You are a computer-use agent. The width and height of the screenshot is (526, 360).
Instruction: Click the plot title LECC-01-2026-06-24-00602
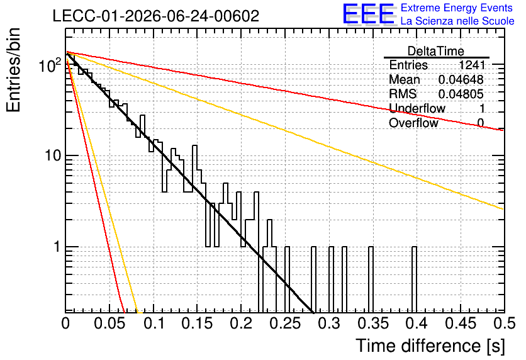[156, 16]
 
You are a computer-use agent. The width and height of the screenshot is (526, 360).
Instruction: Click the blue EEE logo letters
[369, 14]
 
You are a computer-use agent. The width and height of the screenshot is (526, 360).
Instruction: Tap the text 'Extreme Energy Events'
[457, 8]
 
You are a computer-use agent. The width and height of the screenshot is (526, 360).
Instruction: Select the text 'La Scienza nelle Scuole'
[457, 21]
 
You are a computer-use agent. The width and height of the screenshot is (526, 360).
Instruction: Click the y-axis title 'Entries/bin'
[13, 70]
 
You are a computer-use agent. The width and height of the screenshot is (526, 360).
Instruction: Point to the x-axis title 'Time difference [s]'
[430, 346]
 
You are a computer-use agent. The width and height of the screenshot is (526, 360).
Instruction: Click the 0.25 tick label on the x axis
[286, 323]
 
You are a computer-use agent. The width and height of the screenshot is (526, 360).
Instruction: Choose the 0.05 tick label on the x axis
[109, 323]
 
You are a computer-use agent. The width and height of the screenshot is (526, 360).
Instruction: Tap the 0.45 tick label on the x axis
[461, 323]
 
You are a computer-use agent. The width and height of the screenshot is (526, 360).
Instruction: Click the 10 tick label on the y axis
[53, 155]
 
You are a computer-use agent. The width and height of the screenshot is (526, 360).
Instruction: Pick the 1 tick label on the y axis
[57, 247]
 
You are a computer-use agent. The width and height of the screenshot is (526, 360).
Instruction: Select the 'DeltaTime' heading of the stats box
[436, 51]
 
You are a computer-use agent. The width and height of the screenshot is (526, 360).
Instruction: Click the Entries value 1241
[472, 65]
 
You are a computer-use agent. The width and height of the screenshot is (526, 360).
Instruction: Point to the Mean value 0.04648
[461, 79]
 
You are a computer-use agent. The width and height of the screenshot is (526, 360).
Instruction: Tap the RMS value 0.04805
[461, 94]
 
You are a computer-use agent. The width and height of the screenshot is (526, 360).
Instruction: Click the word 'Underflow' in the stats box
[417, 108]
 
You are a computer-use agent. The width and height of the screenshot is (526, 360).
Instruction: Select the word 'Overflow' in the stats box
[413, 123]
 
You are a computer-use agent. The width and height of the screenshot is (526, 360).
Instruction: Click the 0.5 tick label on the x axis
[505, 323]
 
